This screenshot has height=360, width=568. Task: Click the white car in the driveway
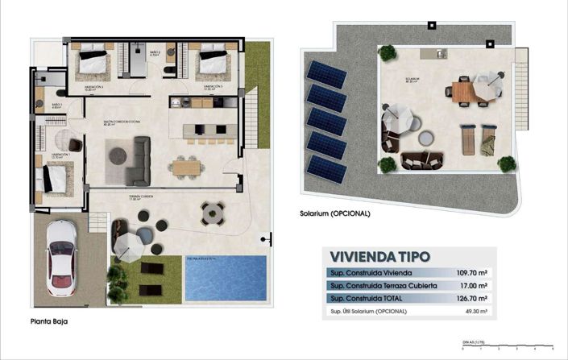pos(61,257)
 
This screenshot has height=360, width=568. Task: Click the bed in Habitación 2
pos(93,60)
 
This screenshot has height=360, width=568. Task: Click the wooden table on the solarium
pos(466,91)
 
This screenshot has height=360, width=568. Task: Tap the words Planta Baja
pos(50,321)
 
